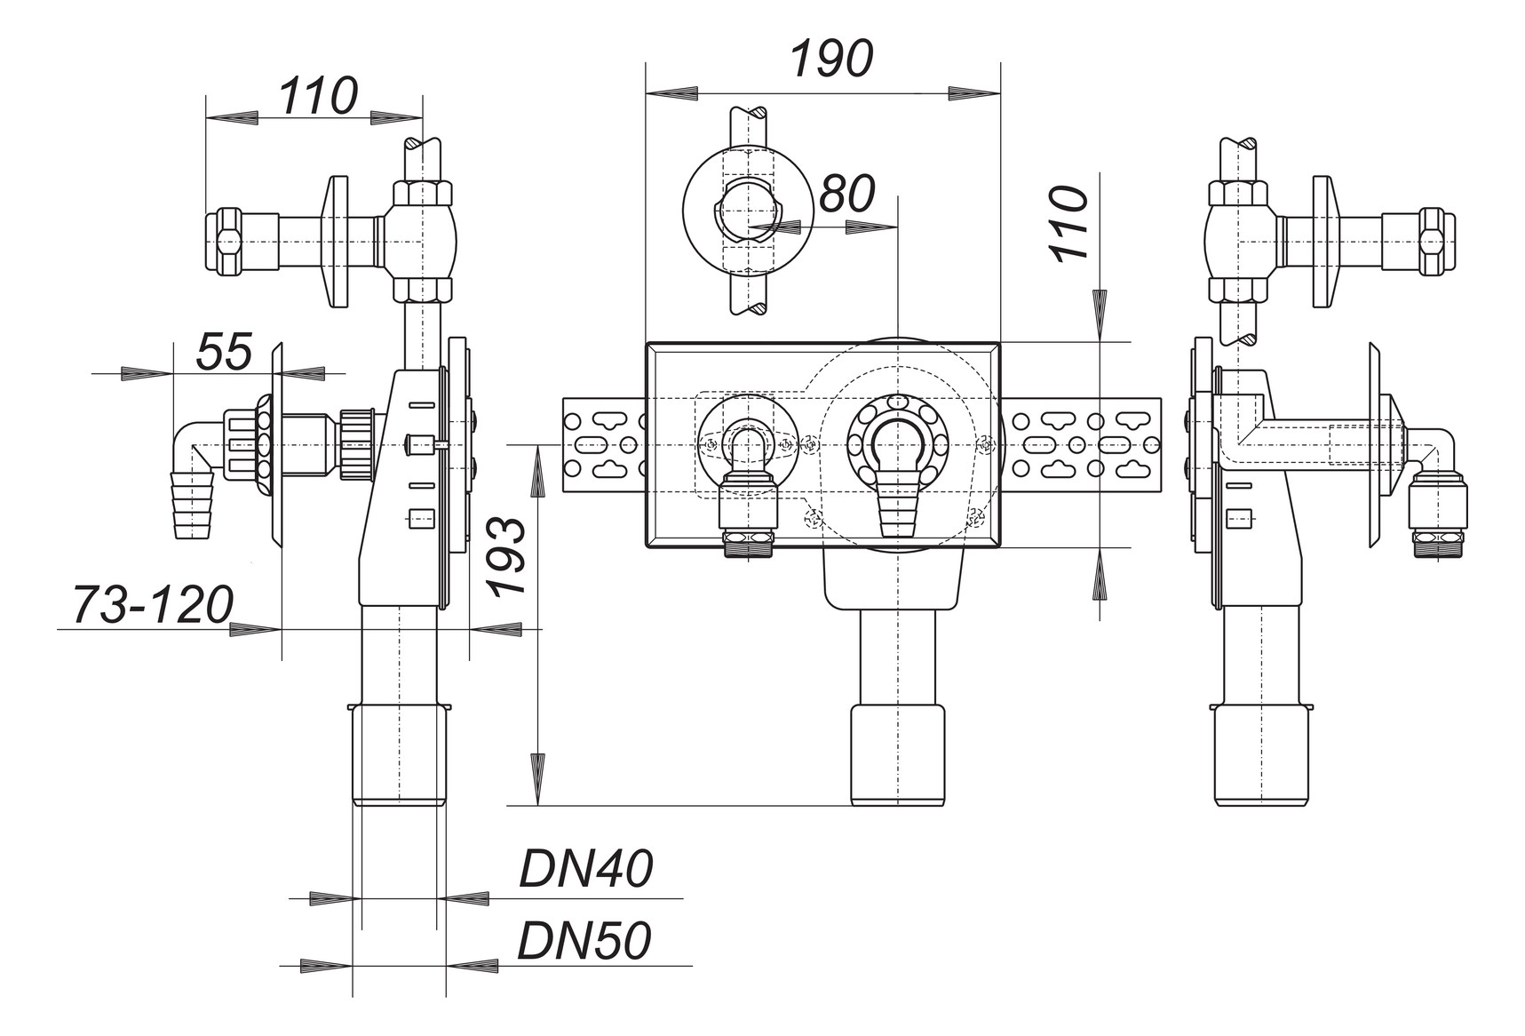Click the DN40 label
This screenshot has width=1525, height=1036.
(x=586, y=869)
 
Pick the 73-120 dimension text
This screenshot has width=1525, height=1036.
(x=153, y=605)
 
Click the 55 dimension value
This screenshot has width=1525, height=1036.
(x=224, y=352)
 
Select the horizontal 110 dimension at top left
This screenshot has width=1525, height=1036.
(x=319, y=96)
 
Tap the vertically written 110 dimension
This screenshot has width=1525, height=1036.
(x=1071, y=222)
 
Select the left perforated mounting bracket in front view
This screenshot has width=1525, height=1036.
(x=604, y=444)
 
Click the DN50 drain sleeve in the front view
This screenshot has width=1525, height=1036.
(x=897, y=755)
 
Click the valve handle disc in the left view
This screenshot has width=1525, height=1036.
(x=338, y=241)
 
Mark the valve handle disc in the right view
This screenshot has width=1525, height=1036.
(x=1322, y=241)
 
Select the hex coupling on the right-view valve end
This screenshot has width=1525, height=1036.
(x=1431, y=241)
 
